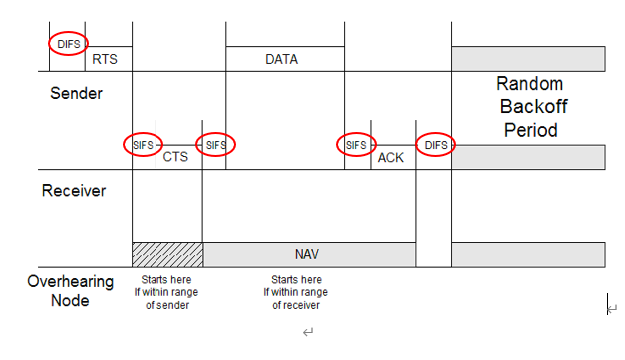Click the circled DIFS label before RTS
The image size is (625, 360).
click(x=68, y=43)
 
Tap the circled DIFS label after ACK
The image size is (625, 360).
click(x=435, y=145)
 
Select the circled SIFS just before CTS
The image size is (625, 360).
click(x=144, y=145)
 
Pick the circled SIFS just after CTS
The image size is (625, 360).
click(x=215, y=145)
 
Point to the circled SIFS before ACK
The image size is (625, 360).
click(x=356, y=145)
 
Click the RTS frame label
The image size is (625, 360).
click(x=104, y=60)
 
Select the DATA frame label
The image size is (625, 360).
click(x=281, y=60)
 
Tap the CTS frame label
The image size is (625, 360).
click(x=175, y=157)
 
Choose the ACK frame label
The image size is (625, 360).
click(x=390, y=157)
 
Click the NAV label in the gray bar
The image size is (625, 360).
click(x=307, y=254)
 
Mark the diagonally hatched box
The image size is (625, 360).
click(x=166, y=254)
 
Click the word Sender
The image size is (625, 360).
click(x=77, y=94)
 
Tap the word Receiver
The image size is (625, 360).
click(x=73, y=190)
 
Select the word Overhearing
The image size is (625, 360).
click(x=70, y=282)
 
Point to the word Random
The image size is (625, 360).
click(x=529, y=84)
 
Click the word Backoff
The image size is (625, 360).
click(x=529, y=107)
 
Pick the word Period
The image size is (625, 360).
click(x=529, y=130)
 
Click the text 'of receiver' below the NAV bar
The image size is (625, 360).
click(x=296, y=305)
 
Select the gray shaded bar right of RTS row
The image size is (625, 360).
click(x=527, y=58)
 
